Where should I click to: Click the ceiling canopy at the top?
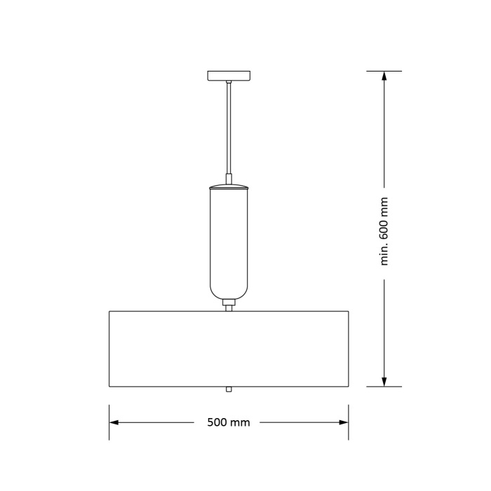coord(229,75)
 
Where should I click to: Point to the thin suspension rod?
coord(229,126)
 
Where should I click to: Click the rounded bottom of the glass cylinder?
coord(229,290)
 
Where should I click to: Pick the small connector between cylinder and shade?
coord(229,304)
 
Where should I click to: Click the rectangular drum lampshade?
coord(229,349)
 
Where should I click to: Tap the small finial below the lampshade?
coord(229,389)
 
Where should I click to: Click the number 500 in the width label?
coord(218,422)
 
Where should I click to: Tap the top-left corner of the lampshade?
coord(109,311)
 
